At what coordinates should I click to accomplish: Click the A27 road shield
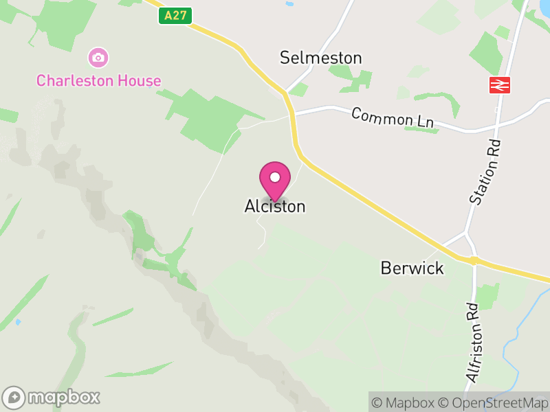click(175, 16)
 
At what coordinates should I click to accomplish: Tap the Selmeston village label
click(320, 58)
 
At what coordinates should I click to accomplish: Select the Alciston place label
click(274, 206)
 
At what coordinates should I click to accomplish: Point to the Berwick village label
click(412, 268)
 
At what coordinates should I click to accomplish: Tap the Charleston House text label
click(98, 80)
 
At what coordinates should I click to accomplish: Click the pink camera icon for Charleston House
click(98, 56)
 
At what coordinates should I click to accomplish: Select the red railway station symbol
click(499, 84)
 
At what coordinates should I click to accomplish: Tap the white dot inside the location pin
click(275, 177)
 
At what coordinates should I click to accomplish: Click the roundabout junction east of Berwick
click(474, 261)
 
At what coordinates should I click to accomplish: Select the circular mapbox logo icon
click(15, 397)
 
